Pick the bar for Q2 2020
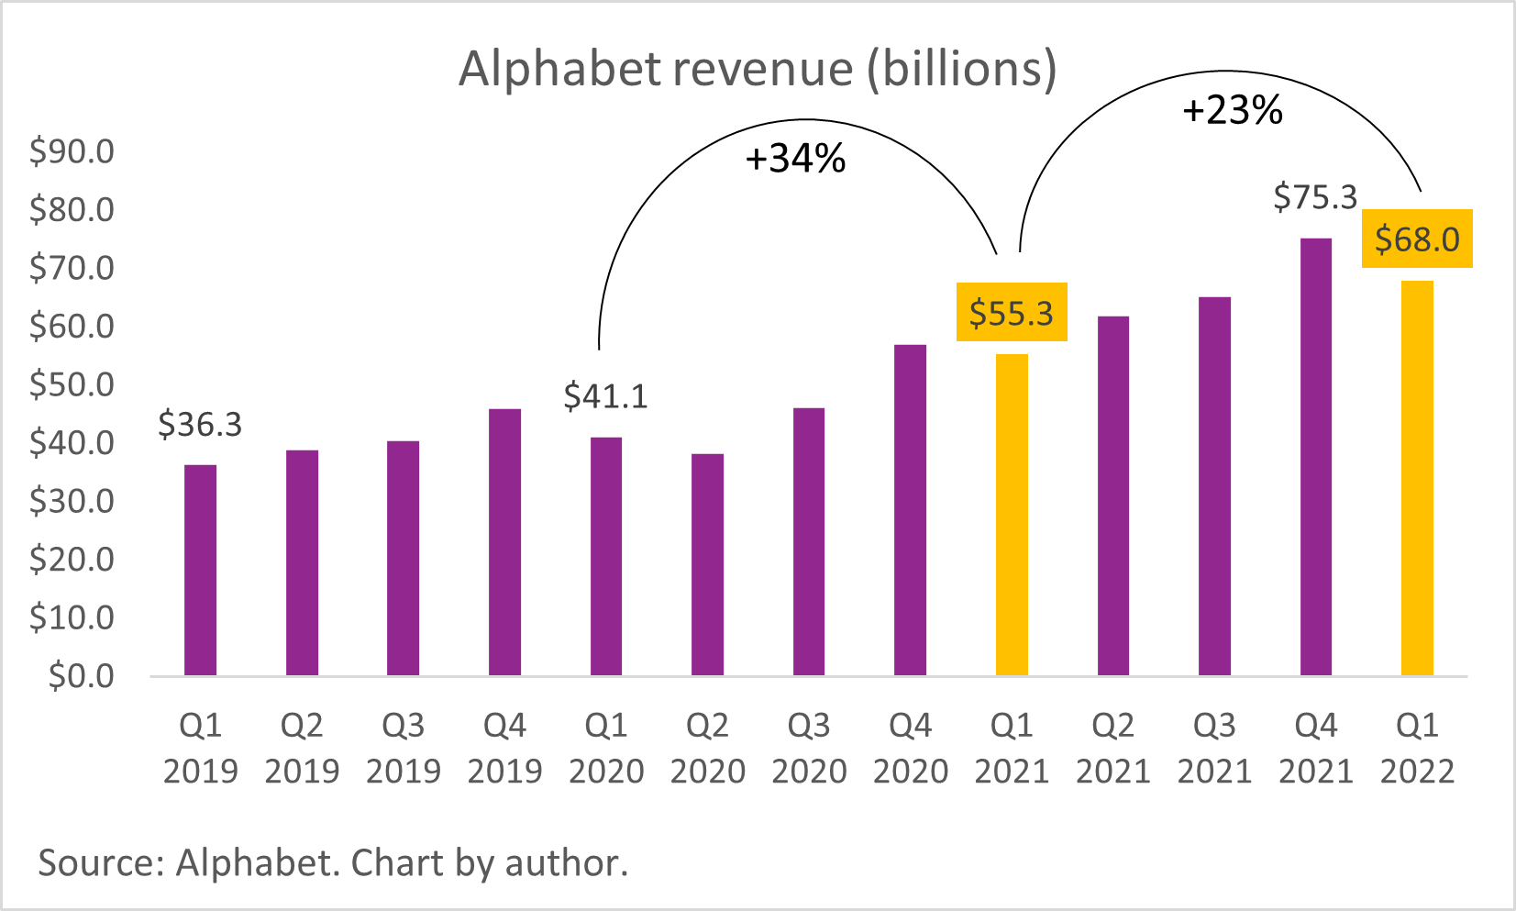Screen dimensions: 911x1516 [x=707, y=565]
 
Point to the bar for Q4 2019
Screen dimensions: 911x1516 [x=504, y=542]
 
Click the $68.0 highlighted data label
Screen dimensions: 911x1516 [x=1417, y=239]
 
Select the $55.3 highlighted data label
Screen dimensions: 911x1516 [x=1012, y=313]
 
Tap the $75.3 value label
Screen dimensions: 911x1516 [x=1315, y=197]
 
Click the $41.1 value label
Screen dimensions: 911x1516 [x=605, y=396]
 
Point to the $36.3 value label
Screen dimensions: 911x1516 [x=200, y=425]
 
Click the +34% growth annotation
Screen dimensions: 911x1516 [x=795, y=160]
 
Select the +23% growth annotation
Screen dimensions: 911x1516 [x=1233, y=111]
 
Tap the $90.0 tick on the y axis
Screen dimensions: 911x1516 [x=72, y=151]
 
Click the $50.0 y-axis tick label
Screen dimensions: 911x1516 [x=72, y=384]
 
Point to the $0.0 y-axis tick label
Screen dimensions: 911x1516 [x=81, y=676]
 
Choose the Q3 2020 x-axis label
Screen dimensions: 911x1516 [x=809, y=748]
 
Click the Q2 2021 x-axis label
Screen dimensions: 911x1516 [x=1112, y=748]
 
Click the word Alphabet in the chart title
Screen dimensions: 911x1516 [x=559, y=69]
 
